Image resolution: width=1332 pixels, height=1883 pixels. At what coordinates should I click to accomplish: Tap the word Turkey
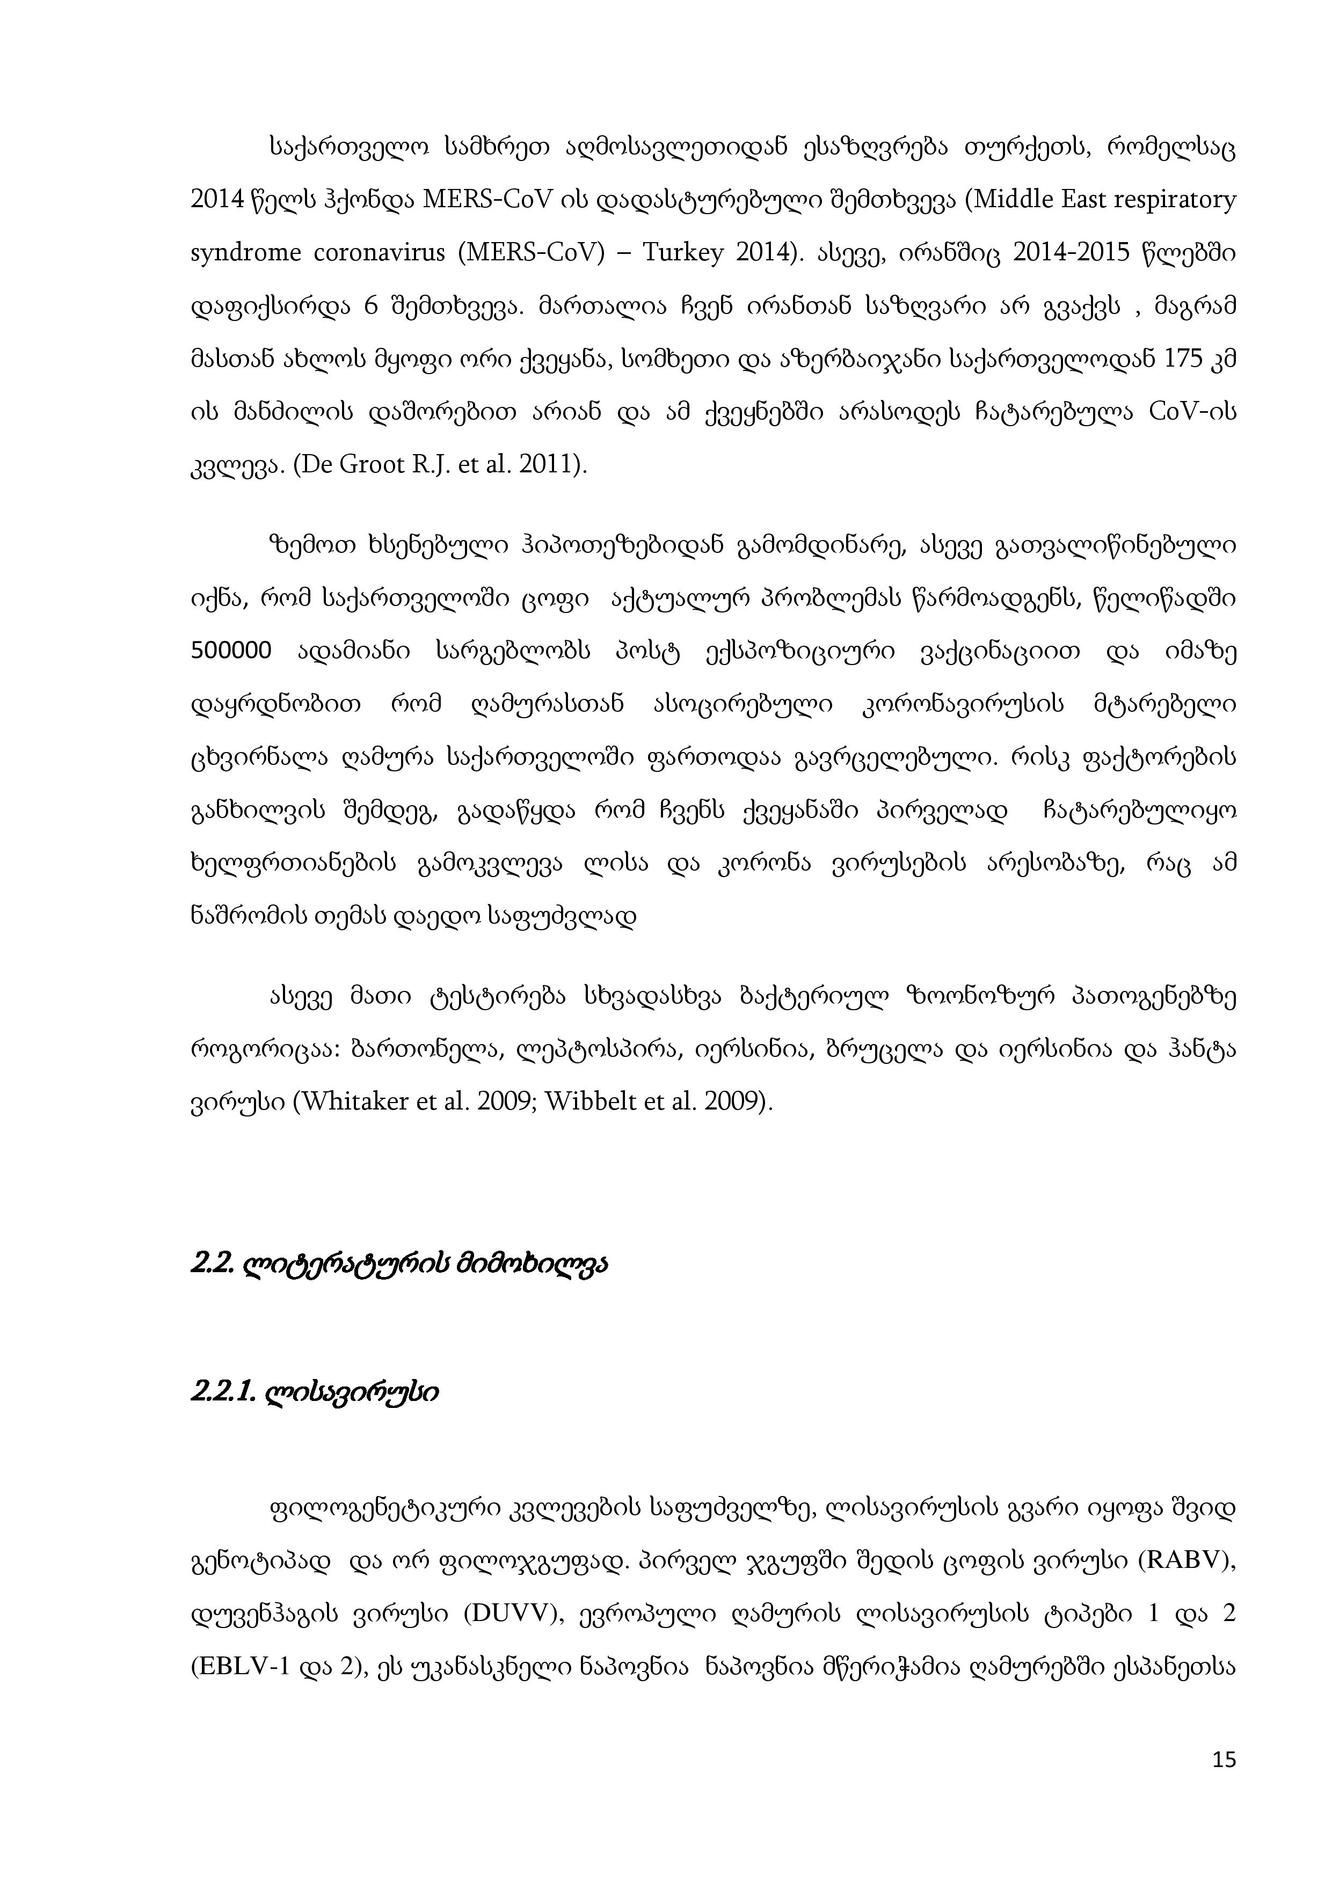coord(683,253)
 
